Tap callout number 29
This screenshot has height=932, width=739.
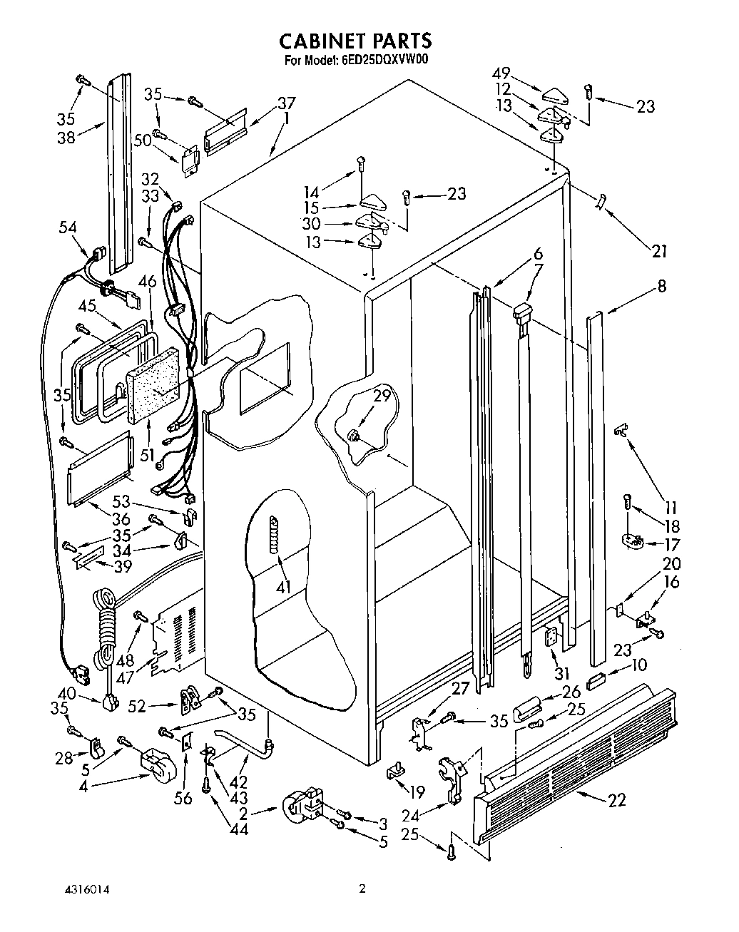pyautogui.click(x=382, y=395)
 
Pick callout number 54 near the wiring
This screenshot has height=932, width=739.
pyautogui.click(x=69, y=227)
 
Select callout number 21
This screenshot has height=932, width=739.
pyautogui.click(x=659, y=250)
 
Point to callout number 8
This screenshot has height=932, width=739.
pyautogui.click(x=662, y=286)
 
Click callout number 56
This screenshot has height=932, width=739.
pyautogui.click(x=183, y=797)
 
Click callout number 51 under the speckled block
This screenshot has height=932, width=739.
pyautogui.click(x=148, y=454)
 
